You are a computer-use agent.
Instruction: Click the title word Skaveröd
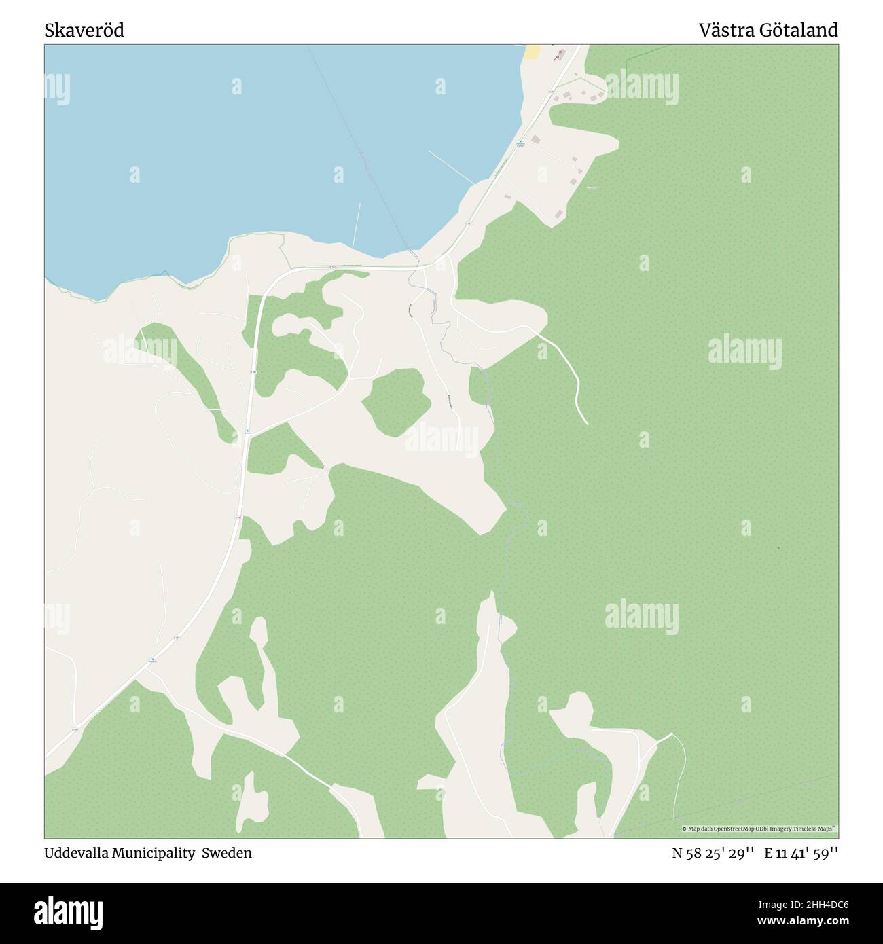point(84,31)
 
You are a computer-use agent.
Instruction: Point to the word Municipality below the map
point(154,853)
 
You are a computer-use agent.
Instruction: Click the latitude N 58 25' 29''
point(713,853)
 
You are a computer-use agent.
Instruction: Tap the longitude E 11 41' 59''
point(801,853)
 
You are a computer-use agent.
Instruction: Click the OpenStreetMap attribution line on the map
point(759,829)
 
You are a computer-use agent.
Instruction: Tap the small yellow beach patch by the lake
point(533,52)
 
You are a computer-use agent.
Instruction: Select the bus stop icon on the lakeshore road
point(520,142)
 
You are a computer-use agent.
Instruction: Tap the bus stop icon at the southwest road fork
point(153,659)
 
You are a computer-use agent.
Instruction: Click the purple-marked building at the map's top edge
point(558,57)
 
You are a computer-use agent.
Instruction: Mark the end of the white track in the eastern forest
point(587,424)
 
